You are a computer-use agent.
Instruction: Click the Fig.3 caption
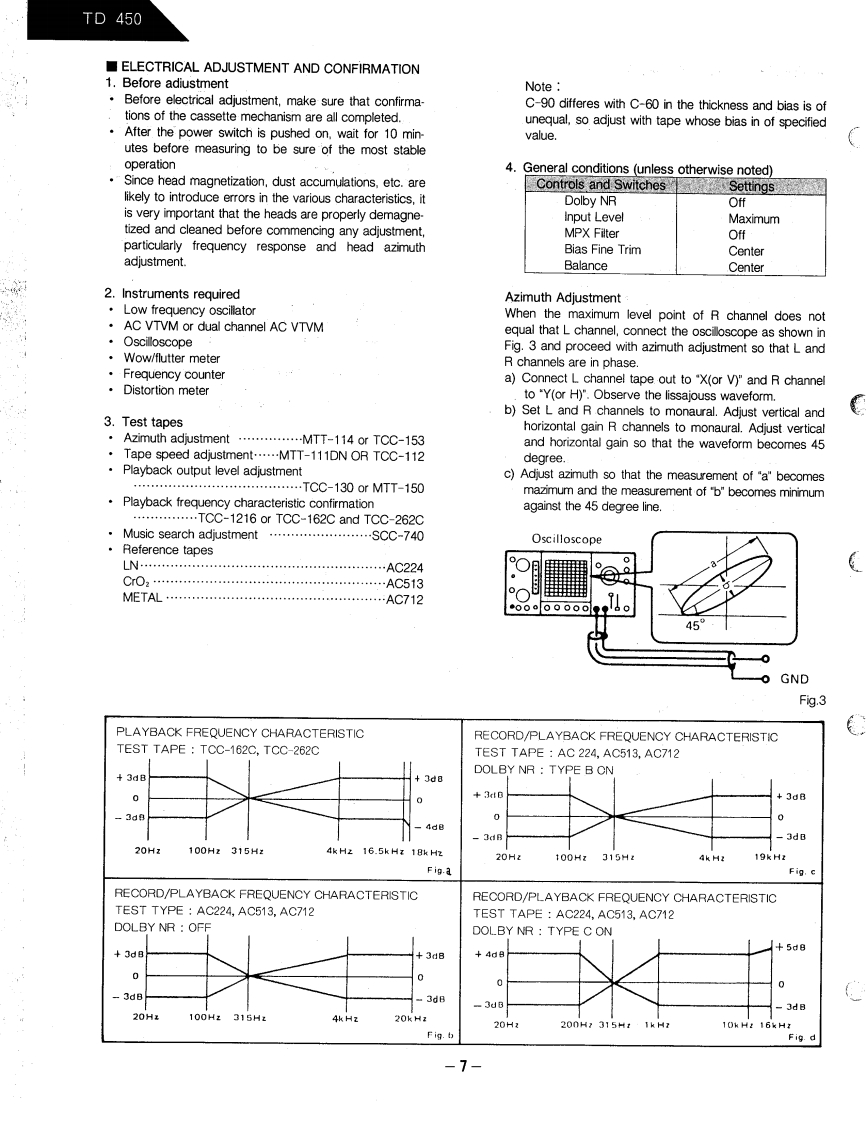pos(813,699)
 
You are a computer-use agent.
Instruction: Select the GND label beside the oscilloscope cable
pos(796,678)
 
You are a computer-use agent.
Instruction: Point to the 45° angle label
pos(693,624)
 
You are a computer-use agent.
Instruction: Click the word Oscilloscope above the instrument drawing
pos(567,539)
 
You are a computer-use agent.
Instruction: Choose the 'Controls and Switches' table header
pos(600,185)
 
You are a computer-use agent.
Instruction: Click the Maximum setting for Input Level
pos(754,218)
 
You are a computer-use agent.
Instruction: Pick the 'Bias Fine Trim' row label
pos(600,250)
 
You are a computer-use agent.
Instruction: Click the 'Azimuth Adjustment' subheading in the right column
pos(562,298)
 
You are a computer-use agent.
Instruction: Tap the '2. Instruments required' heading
pos(172,294)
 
